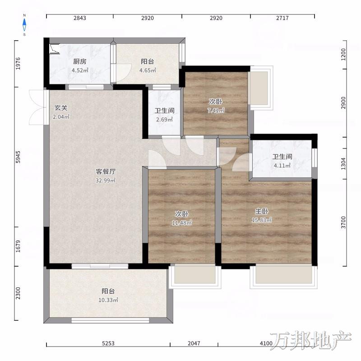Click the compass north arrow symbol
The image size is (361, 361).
pyautogui.click(x=24, y=25)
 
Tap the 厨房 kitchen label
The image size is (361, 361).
pyautogui.click(x=80, y=61)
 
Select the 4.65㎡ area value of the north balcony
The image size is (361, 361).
pyautogui.click(x=148, y=70)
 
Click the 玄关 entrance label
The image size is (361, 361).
pyautogui.click(x=61, y=108)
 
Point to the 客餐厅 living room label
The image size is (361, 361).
pyautogui.click(x=106, y=171)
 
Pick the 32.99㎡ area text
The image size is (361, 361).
pyautogui.click(x=106, y=180)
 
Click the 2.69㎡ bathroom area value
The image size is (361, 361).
pyautogui.click(x=164, y=120)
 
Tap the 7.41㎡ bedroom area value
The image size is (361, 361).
pyautogui.click(x=216, y=110)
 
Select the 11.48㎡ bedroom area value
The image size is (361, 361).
pyautogui.click(x=182, y=222)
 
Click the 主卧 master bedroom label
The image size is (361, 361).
pyautogui.click(x=262, y=211)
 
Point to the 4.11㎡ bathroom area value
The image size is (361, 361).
pyautogui.click(x=282, y=165)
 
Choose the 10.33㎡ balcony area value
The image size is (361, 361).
pyautogui.click(x=108, y=300)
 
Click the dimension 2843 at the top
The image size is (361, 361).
pyautogui.click(x=80, y=18)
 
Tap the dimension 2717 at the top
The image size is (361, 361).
pyautogui.click(x=282, y=18)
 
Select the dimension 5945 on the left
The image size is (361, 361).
pyautogui.click(x=18, y=157)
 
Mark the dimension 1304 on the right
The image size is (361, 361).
pyautogui.click(x=343, y=164)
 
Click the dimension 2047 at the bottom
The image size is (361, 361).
pyautogui.click(x=194, y=343)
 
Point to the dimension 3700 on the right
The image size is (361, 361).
pyautogui.click(x=343, y=222)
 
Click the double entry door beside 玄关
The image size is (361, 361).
pyautogui.click(x=37, y=107)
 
